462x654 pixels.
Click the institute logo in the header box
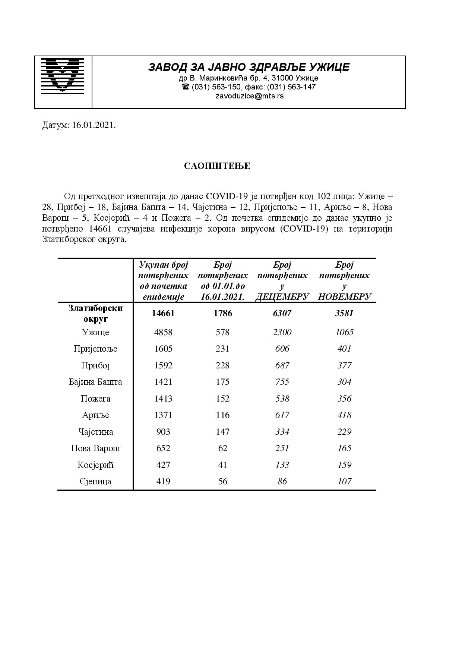63,75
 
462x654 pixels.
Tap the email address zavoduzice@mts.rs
249,96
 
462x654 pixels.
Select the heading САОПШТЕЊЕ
217,166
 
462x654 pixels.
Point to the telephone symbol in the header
185,87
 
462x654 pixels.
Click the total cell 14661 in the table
163,313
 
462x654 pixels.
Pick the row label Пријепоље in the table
95,349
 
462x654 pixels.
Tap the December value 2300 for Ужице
282,332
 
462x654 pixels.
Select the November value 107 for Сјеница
344,481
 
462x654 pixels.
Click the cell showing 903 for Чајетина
163,432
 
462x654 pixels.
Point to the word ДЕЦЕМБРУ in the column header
282,297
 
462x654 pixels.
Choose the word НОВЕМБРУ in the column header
344,297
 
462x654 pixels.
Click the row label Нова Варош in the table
95,448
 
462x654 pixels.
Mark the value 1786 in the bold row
223,313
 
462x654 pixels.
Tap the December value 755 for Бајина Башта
282,382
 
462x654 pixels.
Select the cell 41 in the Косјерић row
223,465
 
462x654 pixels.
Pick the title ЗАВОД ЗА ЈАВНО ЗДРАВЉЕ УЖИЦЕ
249,67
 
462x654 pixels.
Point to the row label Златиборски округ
95,314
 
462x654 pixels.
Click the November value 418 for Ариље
344,415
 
